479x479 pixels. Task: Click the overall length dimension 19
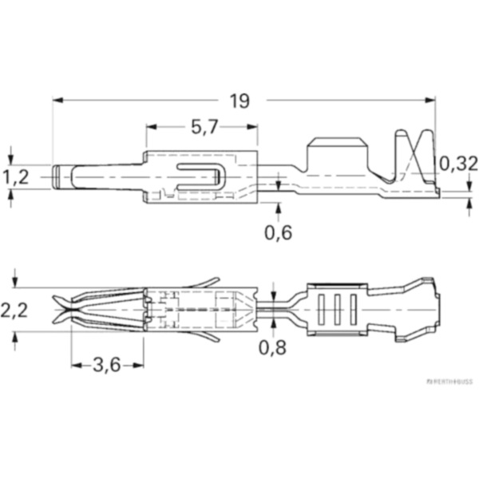[239, 101]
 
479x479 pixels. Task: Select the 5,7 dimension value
[204, 128]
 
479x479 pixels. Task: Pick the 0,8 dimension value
[273, 348]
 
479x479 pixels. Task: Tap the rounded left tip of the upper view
[58, 176]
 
